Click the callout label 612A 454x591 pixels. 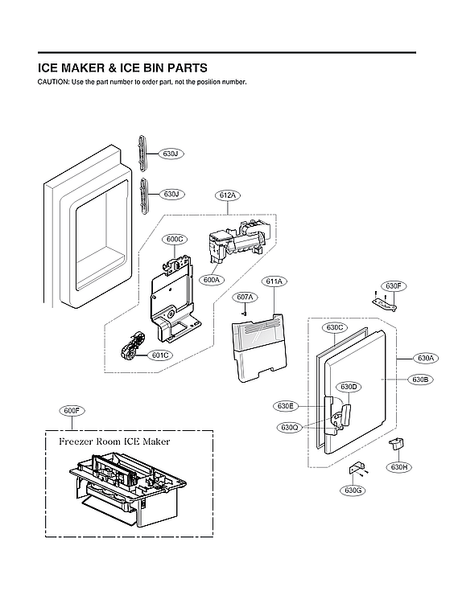coord(227,195)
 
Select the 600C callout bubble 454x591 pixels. coord(175,239)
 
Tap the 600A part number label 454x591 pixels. coord(212,280)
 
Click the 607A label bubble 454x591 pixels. coord(246,298)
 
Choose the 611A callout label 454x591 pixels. coord(274,281)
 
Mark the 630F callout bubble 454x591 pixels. coord(393,285)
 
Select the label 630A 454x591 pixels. coord(426,358)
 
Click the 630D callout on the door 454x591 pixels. coord(349,388)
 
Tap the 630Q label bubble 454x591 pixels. coord(290,427)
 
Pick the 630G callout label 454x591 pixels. coord(353,490)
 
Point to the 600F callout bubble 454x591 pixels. coord(72,411)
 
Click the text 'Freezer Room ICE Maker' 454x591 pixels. coord(114,441)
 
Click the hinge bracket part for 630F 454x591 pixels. coord(385,302)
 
